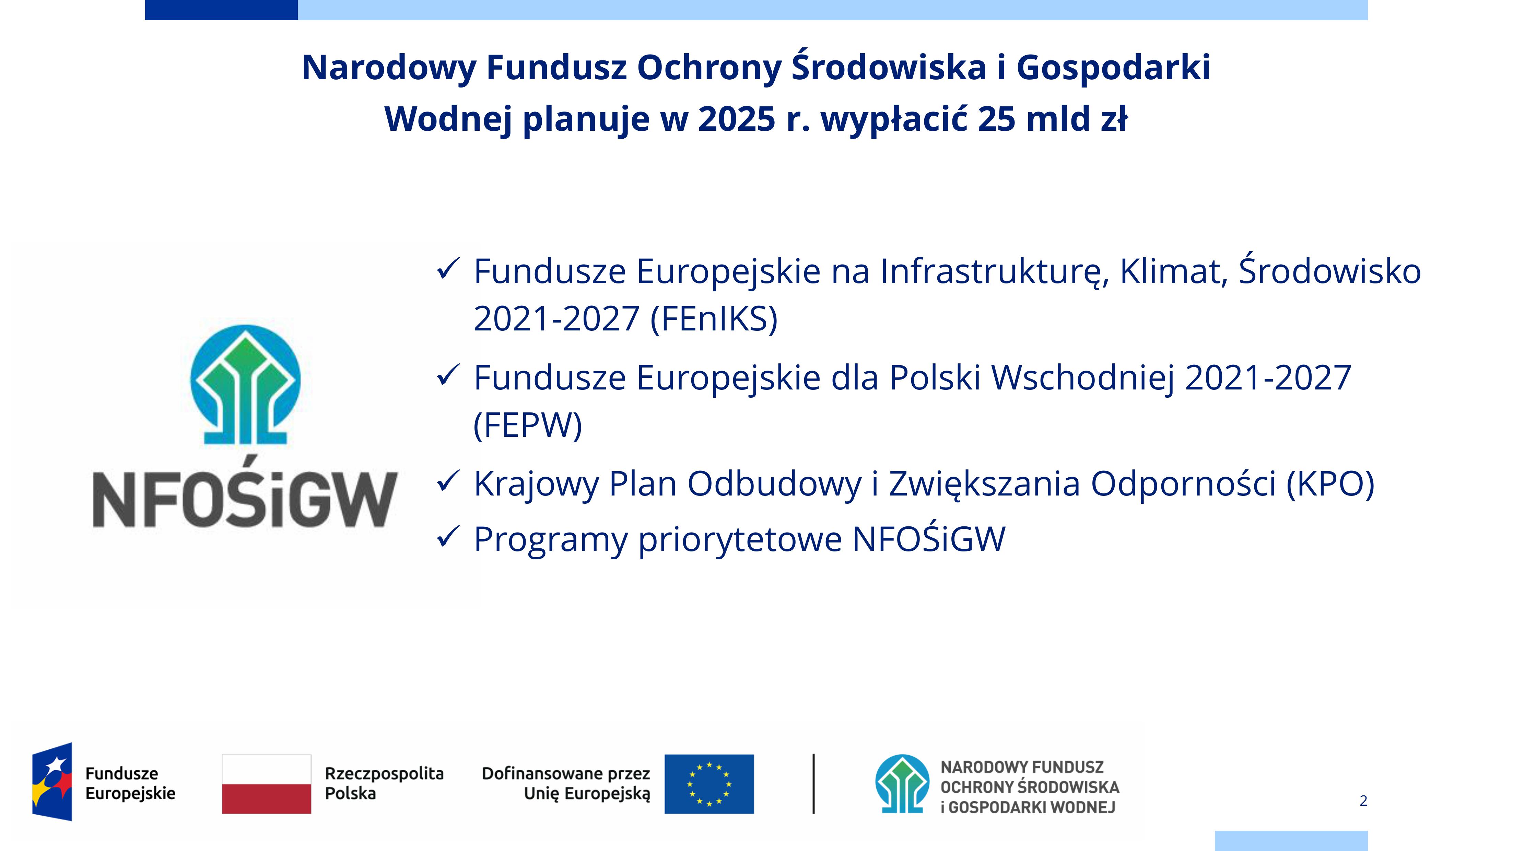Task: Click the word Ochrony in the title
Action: pyautogui.click(x=709, y=68)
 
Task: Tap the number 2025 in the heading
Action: pyautogui.click(x=737, y=119)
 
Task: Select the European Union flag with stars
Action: pyautogui.click(x=709, y=784)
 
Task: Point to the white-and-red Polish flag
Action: pyautogui.click(x=267, y=784)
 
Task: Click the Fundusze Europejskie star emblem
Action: pyautogui.click(x=52, y=782)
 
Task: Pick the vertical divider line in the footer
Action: pyautogui.click(x=813, y=784)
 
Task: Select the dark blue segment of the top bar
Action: pyautogui.click(x=221, y=10)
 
